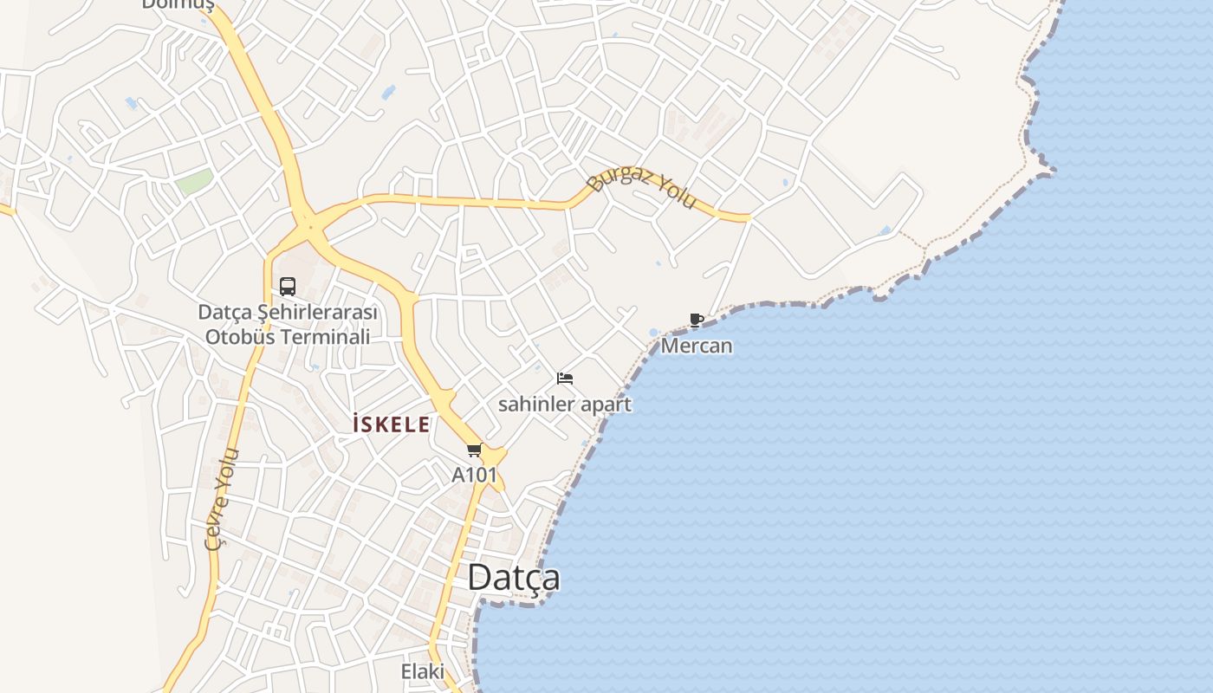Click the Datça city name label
513,578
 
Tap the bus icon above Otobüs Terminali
288,287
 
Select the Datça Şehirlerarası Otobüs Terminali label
288,324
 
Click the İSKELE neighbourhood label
391,424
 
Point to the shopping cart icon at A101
474,450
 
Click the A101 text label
475,475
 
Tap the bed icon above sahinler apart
565,379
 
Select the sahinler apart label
565,405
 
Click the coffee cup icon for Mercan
696,321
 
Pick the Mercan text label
697,346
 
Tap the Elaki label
422,671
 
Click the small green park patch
195,183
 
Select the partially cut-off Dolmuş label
178,5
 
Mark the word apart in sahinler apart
607,405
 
